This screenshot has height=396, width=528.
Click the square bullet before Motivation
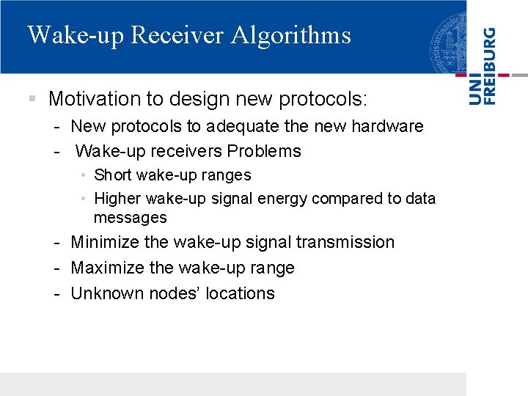(x=32, y=98)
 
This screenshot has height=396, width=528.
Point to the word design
(x=197, y=98)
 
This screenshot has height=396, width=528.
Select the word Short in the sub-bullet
(x=113, y=175)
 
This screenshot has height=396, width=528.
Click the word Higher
(x=118, y=199)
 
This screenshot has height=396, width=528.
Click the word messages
(x=130, y=218)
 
